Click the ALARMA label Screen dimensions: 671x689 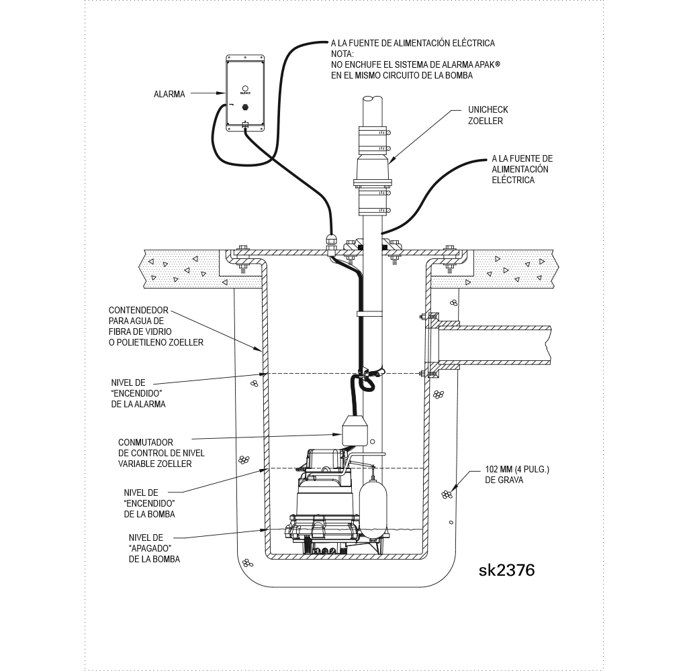pyautogui.click(x=169, y=95)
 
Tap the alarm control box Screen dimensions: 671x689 pyautogui.click(x=244, y=94)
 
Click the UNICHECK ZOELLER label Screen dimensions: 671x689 pyautogui.click(x=488, y=115)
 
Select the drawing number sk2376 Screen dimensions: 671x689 pyautogui.click(x=506, y=570)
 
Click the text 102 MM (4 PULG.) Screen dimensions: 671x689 pyautogui.click(x=516, y=470)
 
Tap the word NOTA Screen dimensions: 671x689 pyautogui.click(x=342, y=54)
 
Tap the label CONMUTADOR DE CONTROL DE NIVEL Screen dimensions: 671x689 pyautogui.click(x=161, y=448)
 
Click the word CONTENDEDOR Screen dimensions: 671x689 pyautogui.click(x=138, y=311)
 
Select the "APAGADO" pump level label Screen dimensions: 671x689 pyautogui.click(x=154, y=548)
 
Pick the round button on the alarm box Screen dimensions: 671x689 pyautogui.click(x=245, y=88)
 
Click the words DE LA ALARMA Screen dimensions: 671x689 pyautogui.click(x=138, y=405)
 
